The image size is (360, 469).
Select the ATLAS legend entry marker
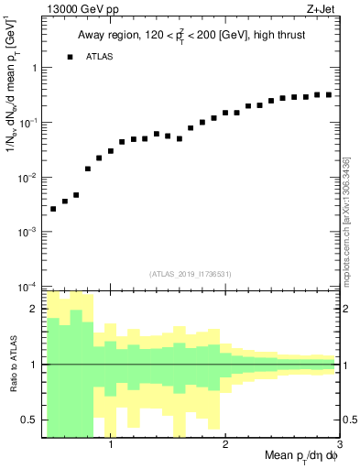pyautogui.click(x=70, y=57)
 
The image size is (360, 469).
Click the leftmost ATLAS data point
pyautogui.click(x=53, y=209)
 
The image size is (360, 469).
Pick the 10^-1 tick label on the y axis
pyautogui.click(x=29, y=122)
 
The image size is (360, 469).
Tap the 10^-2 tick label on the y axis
pyautogui.click(x=29, y=177)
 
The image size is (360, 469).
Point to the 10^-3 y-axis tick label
pyautogui.click(x=29, y=232)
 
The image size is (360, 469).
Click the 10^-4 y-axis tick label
pyautogui.click(x=29, y=287)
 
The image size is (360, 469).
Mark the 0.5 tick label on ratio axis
pyautogui.click(x=31, y=420)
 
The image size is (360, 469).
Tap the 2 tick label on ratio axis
pyautogui.click(x=35, y=309)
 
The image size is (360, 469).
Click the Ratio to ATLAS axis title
pyautogui.click(x=12, y=364)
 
